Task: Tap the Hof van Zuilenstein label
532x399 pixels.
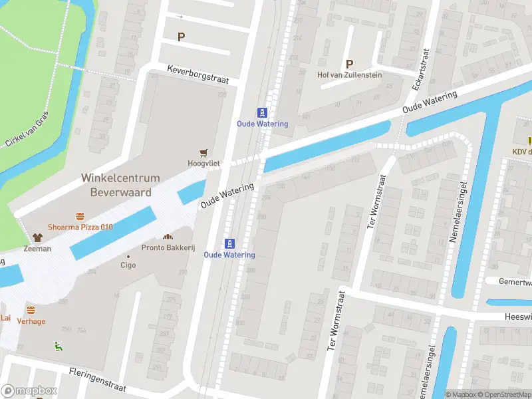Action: pos(349,75)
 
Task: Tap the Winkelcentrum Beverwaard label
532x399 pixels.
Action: pos(120,185)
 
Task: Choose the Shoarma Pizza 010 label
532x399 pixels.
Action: pos(80,227)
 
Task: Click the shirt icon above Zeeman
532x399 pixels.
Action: pos(37,237)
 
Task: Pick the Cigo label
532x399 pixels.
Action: pos(128,265)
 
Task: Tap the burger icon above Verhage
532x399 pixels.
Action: pos(31,311)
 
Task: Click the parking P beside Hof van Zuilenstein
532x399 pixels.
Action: pos(348,64)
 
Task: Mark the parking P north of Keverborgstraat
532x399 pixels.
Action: pos(180,37)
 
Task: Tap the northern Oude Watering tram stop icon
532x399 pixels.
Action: pos(263,112)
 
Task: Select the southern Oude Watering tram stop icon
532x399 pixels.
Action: pos(229,243)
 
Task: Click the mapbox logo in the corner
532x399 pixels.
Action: pos(29,391)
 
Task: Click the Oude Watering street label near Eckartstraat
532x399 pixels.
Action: pos(430,102)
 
